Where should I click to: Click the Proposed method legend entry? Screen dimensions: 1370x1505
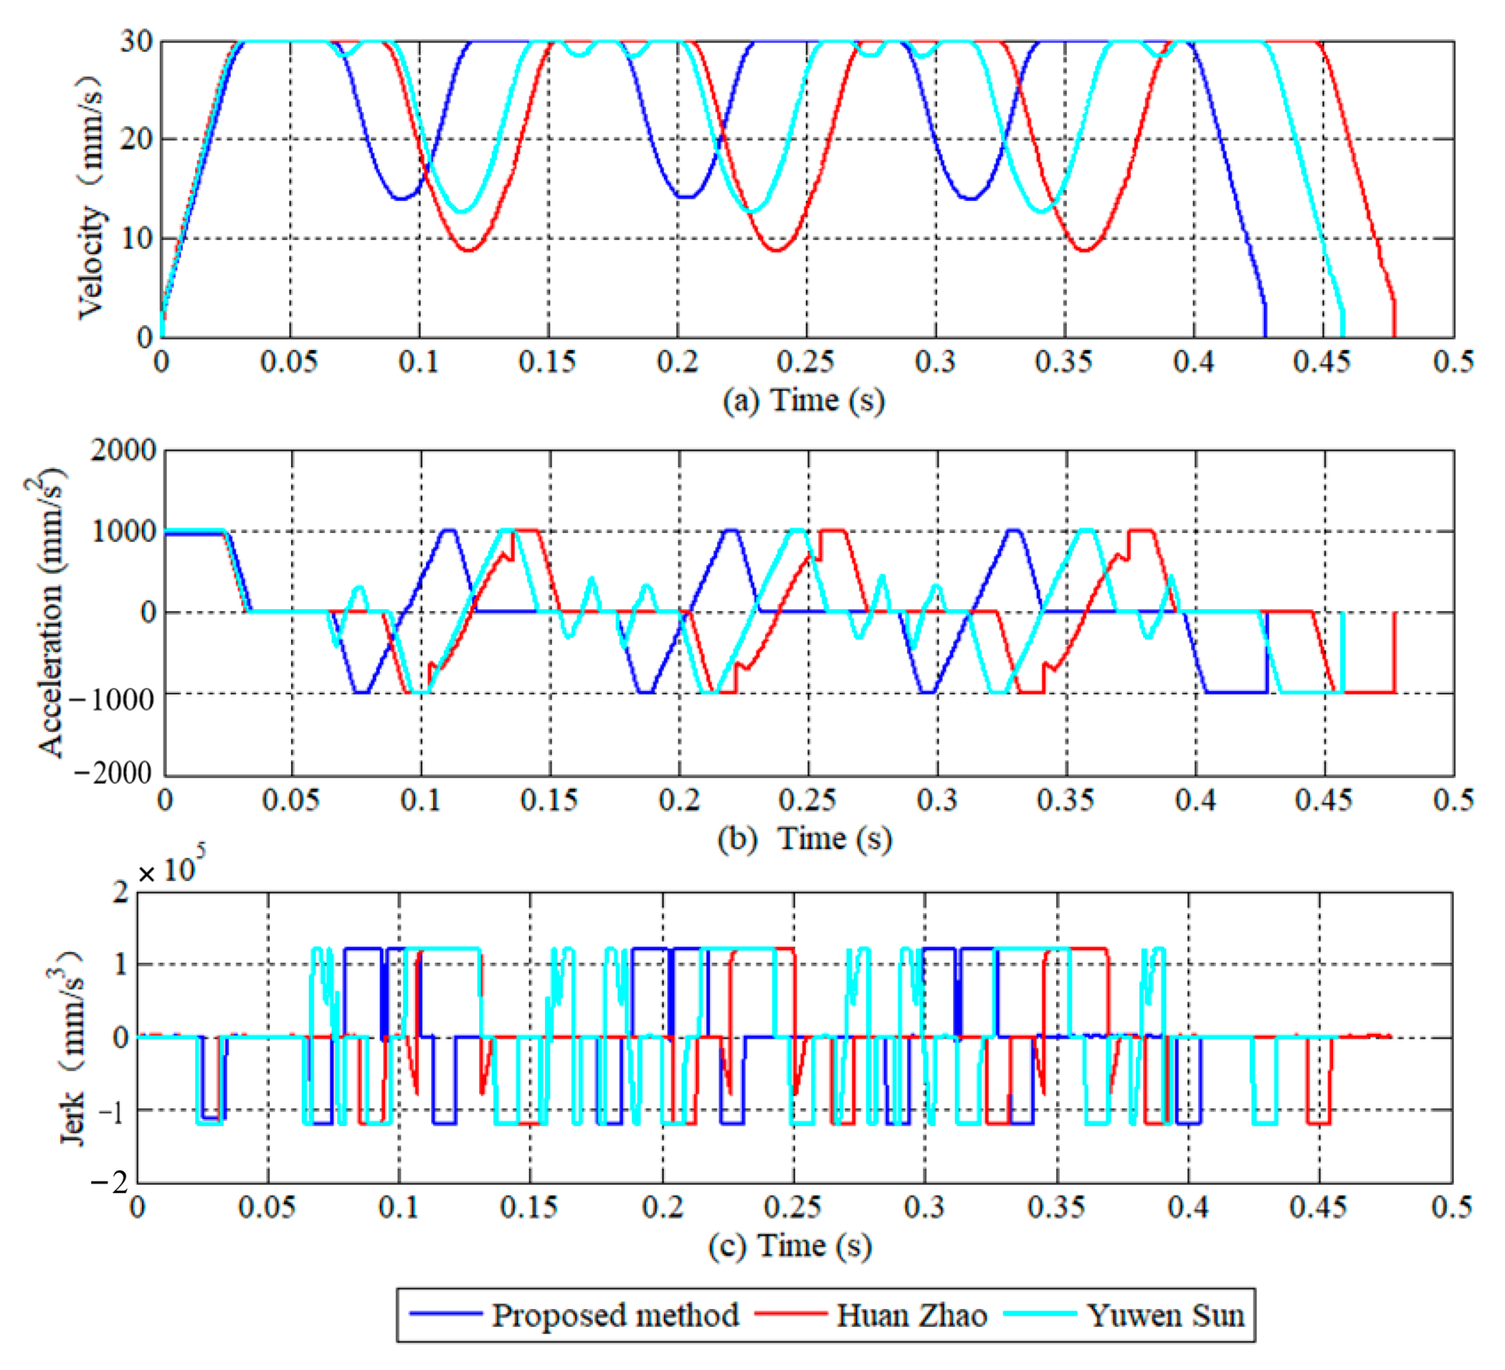(614, 1315)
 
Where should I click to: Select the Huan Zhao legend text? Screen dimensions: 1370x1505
(911, 1315)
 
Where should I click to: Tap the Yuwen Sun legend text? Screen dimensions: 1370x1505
(1165, 1315)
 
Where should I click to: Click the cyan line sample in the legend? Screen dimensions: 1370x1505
(1040, 1314)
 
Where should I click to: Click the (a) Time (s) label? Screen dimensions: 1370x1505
(803, 400)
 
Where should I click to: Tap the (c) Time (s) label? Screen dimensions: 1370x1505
(790, 1245)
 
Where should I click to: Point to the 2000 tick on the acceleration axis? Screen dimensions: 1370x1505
(123, 450)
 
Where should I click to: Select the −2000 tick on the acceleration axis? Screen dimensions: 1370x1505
(114, 773)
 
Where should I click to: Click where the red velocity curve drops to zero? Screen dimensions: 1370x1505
(1394, 335)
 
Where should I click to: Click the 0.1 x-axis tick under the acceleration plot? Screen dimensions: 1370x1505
(420, 799)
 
